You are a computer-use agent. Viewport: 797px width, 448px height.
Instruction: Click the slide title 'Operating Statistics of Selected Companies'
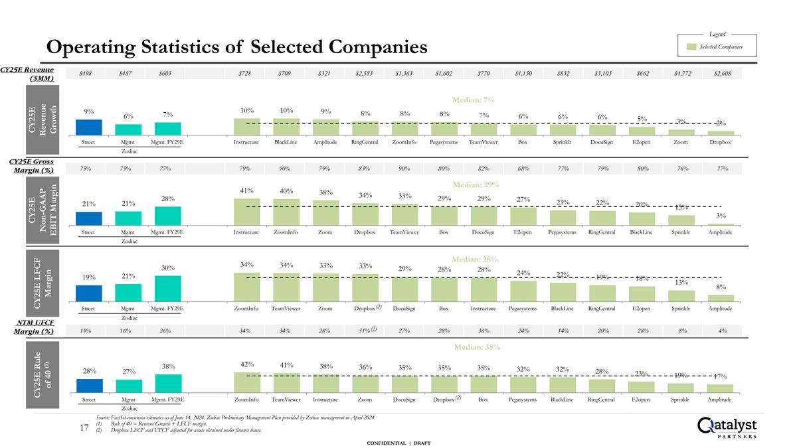[236, 47]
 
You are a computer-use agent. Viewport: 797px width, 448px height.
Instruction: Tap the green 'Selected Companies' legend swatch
[692, 47]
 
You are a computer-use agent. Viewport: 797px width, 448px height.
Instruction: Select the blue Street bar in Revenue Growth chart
[89, 127]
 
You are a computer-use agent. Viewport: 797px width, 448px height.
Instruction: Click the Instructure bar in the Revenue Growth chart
[246, 127]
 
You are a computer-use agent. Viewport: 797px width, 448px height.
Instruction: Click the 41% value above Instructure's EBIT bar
[246, 191]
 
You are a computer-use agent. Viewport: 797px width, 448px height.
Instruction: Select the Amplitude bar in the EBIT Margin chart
[721, 224]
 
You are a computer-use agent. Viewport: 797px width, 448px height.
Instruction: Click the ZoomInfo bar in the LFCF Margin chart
[246, 286]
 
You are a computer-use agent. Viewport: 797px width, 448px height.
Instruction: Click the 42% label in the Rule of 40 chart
[246, 364]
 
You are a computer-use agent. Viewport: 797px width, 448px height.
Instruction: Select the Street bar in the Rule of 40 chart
[89, 386]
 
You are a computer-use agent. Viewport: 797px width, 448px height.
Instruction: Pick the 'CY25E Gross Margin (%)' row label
[31, 166]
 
